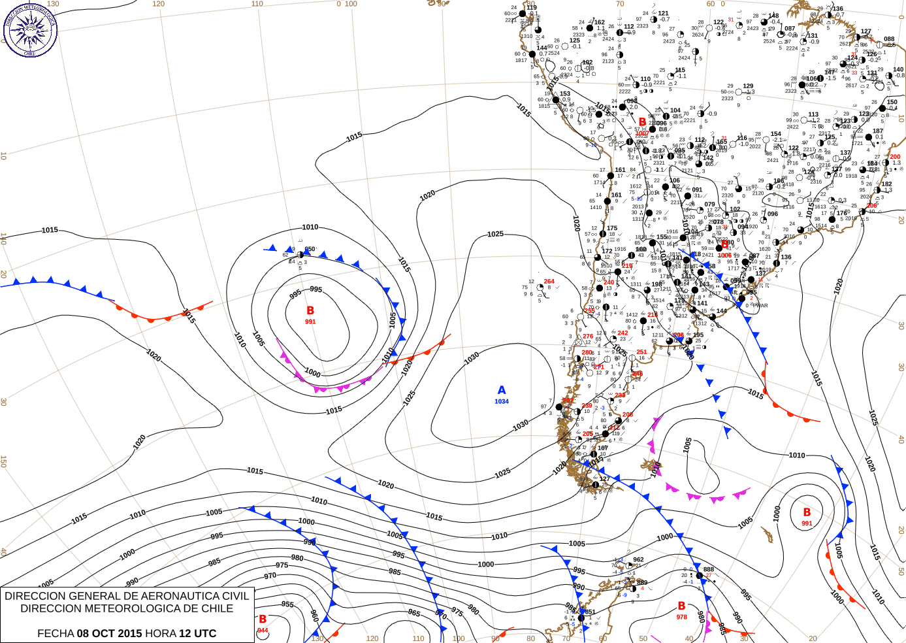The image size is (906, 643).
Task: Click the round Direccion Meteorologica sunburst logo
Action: pyautogui.click(x=30, y=29)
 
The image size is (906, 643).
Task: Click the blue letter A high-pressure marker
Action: pyautogui.click(x=502, y=390)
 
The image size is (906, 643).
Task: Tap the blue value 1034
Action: pyautogui.click(x=502, y=401)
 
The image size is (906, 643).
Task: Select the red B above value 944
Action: pyautogui.click(x=263, y=619)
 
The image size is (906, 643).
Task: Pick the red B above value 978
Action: pyautogui.click(x=681, y=606)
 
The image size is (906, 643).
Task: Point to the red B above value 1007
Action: pyautogui.click(x=643, y=122)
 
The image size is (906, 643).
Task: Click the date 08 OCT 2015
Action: pyautogui.click(x=109, y=633)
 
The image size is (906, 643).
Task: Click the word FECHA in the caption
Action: pyautogui.click(x=56, y=633)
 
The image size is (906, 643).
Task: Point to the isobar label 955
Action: pyautogui.click(x=287, y=604)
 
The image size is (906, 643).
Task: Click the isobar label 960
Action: pyautogui.click(x=314, y=615)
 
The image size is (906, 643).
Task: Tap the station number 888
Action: pyautogui.click(x=709, y=569)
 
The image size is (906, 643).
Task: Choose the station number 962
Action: pyautogui.click(x=638, y=559)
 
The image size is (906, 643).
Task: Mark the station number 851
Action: pyautogui.click(x=590, y=612)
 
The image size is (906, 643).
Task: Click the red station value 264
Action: pyautogui.click(x=549, y=282)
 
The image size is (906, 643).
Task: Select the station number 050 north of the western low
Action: pyautogui.click(x=310, y=249)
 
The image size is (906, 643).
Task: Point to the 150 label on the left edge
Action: pyautogui.click(x=3, y=461)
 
